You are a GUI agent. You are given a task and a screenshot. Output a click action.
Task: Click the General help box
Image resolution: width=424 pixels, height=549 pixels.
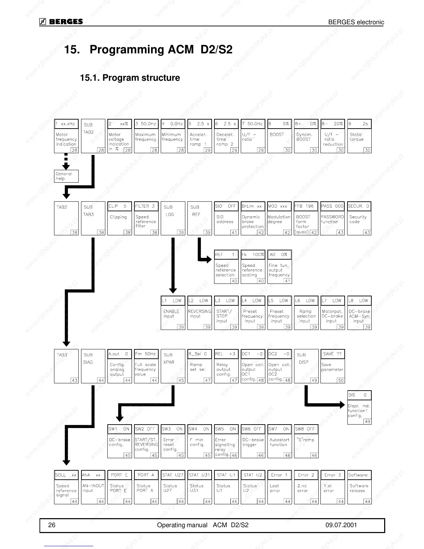point(66,176)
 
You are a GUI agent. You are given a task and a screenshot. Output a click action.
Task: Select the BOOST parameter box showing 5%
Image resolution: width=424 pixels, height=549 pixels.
point(280,136)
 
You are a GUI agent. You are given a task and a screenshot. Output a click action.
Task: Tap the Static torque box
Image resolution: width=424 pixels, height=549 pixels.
point(359,136)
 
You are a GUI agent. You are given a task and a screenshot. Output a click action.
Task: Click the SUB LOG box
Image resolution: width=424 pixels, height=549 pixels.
point(173,218)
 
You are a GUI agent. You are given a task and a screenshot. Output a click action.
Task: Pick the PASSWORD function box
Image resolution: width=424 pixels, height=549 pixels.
point(333,218)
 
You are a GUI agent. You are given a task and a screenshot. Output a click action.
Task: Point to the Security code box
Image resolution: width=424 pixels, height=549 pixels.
point(359,218)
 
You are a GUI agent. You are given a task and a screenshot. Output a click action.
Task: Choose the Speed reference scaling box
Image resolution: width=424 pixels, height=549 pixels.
point(253,267)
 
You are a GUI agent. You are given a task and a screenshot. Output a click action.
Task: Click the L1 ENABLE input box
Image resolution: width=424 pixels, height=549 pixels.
point(173,313)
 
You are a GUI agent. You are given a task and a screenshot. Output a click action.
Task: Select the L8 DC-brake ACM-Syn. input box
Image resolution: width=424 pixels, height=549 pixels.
point(359,313)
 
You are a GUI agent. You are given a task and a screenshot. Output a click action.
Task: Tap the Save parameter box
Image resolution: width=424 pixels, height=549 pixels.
point(333,366)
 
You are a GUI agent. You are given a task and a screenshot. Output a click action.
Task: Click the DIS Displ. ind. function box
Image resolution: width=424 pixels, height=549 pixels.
point(359,407)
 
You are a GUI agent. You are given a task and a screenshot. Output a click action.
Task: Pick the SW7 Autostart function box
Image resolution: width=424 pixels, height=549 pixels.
point(280,441)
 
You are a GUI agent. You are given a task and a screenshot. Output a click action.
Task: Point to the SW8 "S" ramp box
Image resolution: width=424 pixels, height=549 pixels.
point(306,441)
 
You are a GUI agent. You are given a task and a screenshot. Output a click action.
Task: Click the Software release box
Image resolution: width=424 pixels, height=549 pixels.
point(359,487)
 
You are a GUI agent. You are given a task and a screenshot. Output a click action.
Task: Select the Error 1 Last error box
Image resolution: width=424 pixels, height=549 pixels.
point(280,487)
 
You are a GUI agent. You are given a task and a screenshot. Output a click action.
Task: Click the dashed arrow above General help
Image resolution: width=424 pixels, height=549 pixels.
point(66,162)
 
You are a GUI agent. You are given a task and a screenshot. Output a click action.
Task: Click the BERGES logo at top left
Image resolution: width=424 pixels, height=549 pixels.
point(61,22)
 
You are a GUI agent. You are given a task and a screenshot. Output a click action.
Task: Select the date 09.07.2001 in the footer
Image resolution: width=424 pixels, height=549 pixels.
point(341,525)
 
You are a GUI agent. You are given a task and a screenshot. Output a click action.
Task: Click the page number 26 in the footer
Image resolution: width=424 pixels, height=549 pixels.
point(52,525)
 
